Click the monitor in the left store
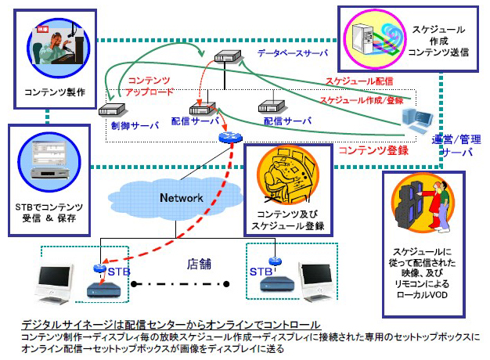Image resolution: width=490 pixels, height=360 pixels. [63, 284]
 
